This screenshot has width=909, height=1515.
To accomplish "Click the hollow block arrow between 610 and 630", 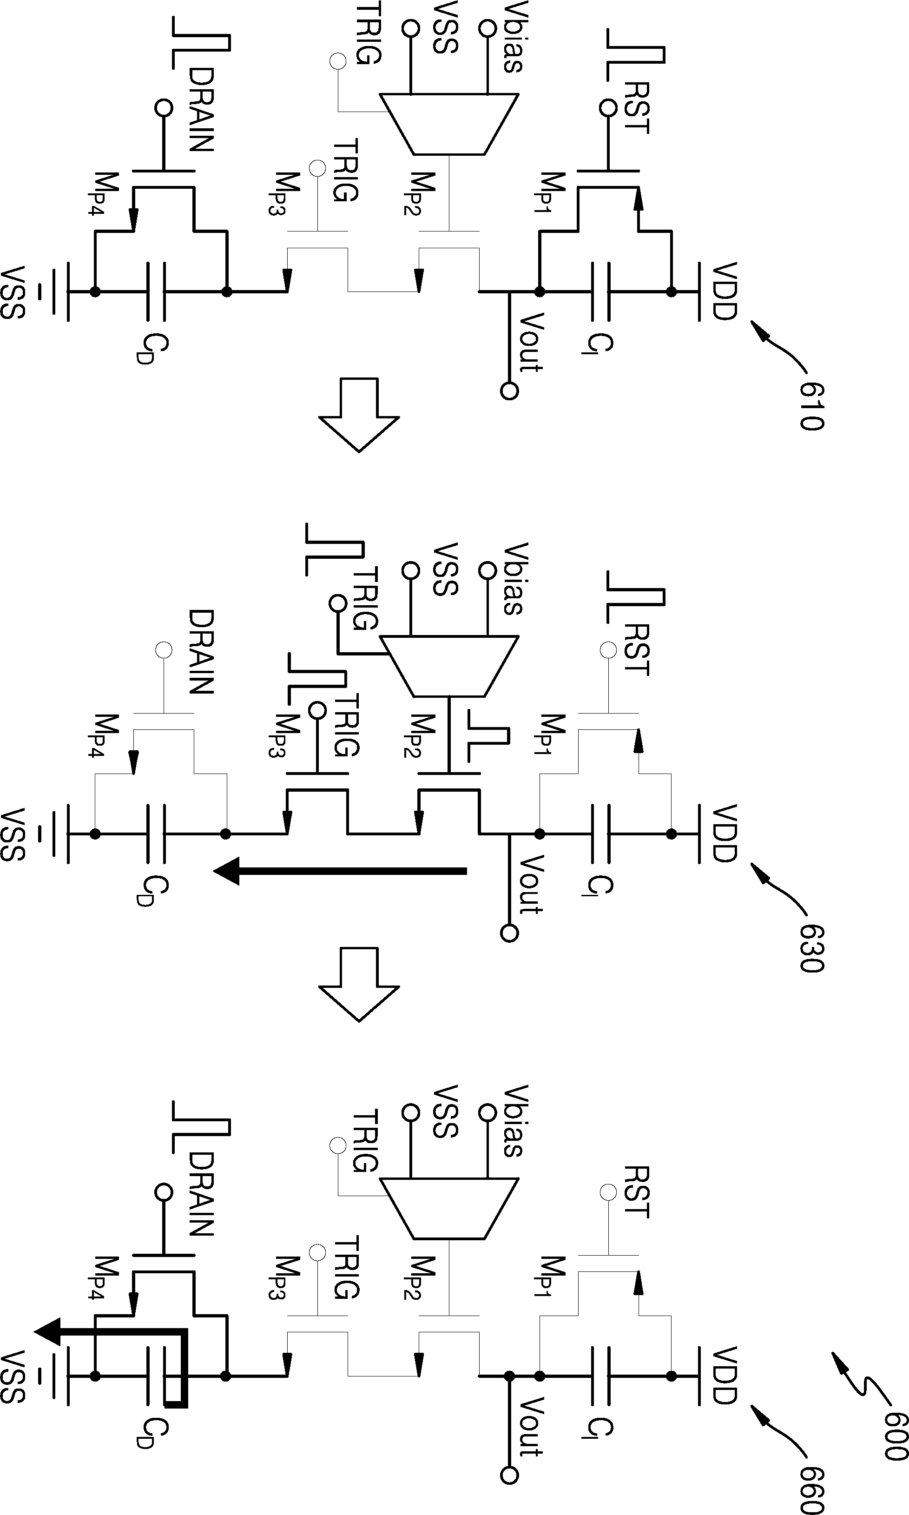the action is coord(359,415).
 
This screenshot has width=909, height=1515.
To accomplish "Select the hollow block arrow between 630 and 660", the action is coord(359,985).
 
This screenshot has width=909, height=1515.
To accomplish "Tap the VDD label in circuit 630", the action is coord(724,833).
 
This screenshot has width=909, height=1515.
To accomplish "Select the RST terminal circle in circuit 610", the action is coord(608,108).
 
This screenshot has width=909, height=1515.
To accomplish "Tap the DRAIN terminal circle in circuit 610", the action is coord(164,108).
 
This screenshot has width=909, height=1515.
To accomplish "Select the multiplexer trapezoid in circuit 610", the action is coord(449,124).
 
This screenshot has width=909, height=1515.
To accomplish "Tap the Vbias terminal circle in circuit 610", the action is coord(487,28).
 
